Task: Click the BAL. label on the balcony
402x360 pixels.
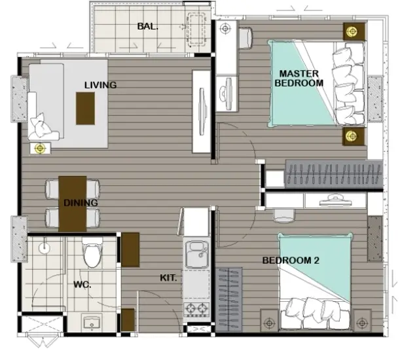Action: [147, 26]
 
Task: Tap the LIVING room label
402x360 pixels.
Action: [101, 85]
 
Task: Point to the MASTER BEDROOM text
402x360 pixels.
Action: [299, 79]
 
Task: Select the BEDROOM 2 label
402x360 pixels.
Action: [291, 261]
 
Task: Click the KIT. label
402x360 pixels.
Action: [168, 278]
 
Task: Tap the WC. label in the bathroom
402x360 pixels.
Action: [82, 285]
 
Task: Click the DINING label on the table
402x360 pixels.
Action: [81, 203]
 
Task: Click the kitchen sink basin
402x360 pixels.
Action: [196, 255]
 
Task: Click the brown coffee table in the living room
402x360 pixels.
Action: [85, 109]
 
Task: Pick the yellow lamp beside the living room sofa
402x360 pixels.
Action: [40, 148]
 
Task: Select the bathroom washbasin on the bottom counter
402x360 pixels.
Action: [92, 323]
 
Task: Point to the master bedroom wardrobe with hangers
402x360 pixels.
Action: [333, 174]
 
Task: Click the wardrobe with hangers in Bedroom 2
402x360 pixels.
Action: [228, 300]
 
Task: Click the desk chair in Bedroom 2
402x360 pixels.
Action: [283, 215]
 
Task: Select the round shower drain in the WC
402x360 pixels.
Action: [44, 248]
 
